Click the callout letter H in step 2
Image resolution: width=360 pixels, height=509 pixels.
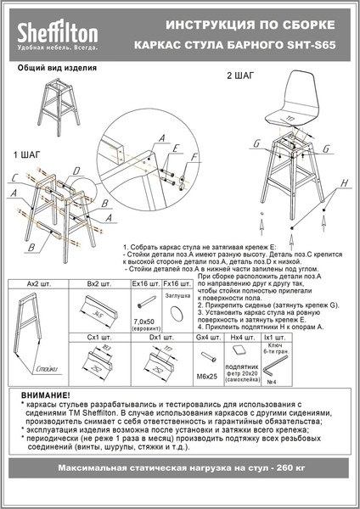tap(344, 183)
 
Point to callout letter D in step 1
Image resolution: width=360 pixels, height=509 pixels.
tap(76, 171)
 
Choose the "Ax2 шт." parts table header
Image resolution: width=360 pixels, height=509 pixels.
tap(38, 283)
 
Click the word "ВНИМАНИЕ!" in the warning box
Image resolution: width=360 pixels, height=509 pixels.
tap(47, 395)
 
